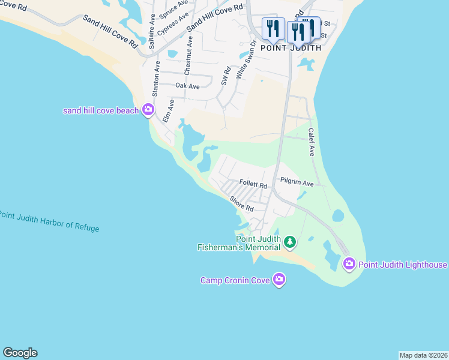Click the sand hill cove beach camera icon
[148, 110]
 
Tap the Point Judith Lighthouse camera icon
[349, 264]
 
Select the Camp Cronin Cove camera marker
[279, 280]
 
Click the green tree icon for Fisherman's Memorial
[290, 242]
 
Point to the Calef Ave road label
[312, 142]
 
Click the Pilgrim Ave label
[297, 182]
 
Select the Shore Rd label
[242, 204]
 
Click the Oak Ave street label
[187, 86]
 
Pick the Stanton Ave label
[157, 79]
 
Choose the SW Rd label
[226, 77]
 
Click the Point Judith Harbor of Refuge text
[49, 221]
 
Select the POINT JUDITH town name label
[291, 47]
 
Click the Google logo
[20, 353]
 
